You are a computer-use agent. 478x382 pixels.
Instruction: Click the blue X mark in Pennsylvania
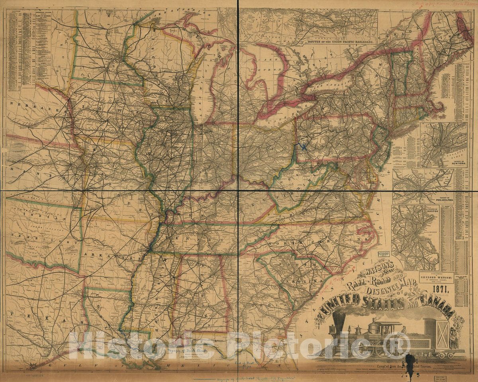pos(304,147)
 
